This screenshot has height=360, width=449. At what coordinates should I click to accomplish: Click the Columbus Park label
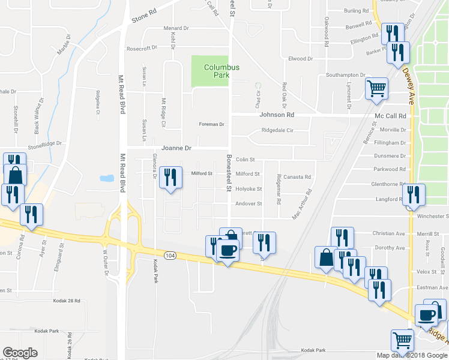click(x=221, y=71)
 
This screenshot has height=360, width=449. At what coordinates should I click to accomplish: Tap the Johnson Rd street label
click(x=277, y=115)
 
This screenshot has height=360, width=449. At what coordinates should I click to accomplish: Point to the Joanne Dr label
click(x=176, y=148)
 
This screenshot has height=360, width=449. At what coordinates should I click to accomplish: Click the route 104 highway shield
click(x=170, y=254)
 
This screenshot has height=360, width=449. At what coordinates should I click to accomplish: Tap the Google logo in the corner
click(x=20, y=353)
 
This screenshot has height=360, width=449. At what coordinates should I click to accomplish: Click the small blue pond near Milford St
click(x=107, y=178)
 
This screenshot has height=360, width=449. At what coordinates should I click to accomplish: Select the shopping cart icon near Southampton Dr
click(x=376, y=89)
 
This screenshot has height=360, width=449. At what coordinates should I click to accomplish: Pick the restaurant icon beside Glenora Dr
click(x=171, y=177)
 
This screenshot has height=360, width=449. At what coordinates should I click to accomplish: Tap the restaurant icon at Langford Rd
click(x=414, y=194)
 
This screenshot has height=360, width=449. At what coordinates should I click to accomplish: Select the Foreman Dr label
click(x=212, y=124)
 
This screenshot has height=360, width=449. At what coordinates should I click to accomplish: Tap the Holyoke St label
click(x=249, y=189)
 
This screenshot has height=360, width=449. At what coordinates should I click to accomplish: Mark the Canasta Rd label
click(x=297, y=177)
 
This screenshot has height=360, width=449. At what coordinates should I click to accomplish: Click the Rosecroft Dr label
click(x=141, y=48)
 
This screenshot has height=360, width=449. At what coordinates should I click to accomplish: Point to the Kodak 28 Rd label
click(x=66, y=301)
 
